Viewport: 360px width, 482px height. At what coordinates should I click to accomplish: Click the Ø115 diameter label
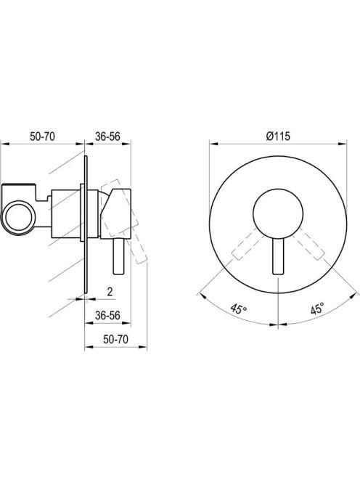point(278,136)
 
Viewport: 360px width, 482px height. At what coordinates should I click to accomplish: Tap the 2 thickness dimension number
point(110,291)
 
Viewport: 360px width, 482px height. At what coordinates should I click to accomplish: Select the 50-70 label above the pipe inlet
point(42,136)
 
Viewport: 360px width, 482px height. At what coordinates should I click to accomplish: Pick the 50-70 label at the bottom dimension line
point(115,340)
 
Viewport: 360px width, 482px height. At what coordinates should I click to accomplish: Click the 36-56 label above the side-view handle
point(107,136)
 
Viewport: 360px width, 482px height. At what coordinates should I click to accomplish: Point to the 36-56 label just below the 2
point(107,315)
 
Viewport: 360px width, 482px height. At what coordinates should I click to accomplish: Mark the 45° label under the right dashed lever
point(317,309)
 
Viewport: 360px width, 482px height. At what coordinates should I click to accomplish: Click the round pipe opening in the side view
point(18,216)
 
